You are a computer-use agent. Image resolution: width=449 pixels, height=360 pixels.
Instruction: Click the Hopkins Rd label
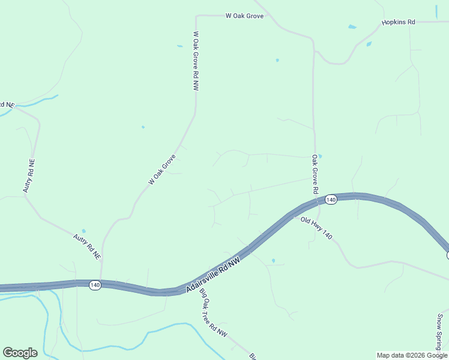[398, 22]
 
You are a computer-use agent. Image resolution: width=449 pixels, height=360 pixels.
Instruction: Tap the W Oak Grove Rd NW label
[196, 61]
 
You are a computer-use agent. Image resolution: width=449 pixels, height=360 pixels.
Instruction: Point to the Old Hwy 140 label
[316, 228]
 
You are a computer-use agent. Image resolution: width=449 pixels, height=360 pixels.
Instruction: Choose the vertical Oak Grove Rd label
[314, 174]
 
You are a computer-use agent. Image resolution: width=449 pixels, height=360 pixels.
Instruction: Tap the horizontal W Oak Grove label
[244, 16]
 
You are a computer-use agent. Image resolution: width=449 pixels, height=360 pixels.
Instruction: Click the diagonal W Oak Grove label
[161, 170]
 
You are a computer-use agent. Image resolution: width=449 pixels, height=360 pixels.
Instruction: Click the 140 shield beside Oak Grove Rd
[331, 199]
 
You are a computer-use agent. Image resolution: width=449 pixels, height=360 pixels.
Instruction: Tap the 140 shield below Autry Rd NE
[95, 285]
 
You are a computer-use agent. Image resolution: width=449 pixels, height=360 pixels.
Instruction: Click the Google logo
[20, 353]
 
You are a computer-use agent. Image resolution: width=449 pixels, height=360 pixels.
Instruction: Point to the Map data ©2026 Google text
[412, 355]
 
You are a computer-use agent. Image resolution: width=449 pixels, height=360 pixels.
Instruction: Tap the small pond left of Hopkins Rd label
[352, 27]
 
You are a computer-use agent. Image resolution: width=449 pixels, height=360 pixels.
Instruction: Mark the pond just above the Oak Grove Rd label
[320, 156]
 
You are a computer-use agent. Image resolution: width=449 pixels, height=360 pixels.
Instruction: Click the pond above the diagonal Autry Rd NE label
[83, 231]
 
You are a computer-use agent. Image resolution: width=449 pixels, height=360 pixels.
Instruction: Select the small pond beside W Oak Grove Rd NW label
[179, 46]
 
